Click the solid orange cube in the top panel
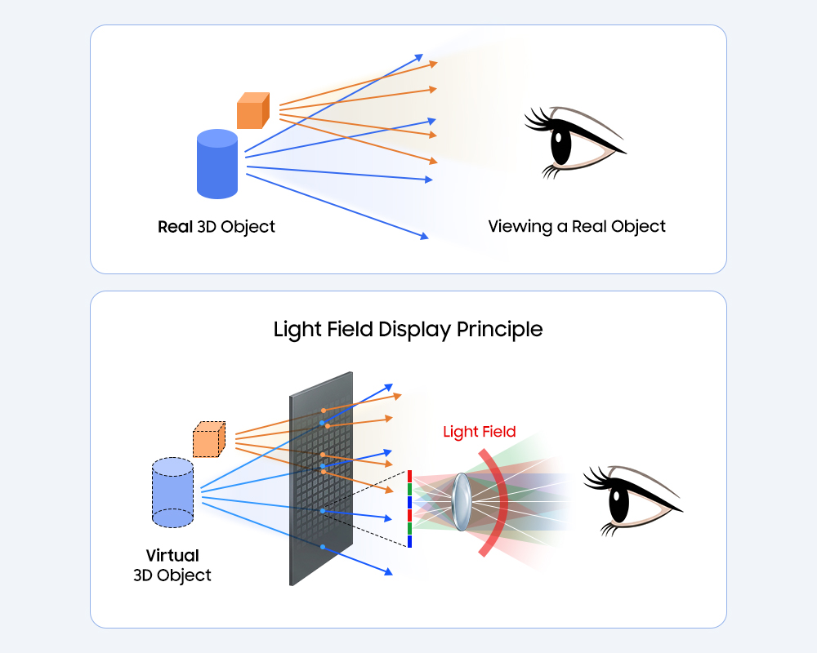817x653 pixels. pos(252,111)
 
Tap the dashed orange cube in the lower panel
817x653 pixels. pos(208,440)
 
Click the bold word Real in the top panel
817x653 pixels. pos(175,226)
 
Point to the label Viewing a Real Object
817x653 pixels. pos(577,226)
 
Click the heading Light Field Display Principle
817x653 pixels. pos(408,329)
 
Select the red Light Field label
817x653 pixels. pos(480,432)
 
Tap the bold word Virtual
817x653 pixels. pos(172,556)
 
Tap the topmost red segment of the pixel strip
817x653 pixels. pos(408,476)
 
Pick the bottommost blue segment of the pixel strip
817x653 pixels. pos(408,540)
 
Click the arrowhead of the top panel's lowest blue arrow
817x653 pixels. pos(424,237)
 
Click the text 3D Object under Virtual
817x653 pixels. pos(172,575)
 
